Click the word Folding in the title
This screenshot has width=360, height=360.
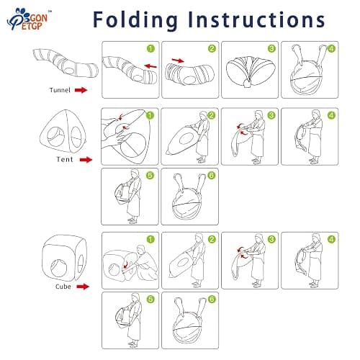click(135, 20)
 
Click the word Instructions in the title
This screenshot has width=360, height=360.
click(256, 19)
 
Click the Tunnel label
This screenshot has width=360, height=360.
click(60, 90)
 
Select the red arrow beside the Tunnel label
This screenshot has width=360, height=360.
click(81, 90)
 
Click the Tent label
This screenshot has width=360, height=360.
click(65, 159)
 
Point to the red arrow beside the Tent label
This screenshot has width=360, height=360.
click(86, 160)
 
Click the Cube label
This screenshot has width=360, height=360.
click(63, 287)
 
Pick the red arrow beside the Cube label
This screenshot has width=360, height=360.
click(83, 287)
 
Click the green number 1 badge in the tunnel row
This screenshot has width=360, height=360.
click(150, 49)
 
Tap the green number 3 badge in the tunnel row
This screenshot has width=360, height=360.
click(271, 49)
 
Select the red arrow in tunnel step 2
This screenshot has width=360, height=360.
click(179, 60)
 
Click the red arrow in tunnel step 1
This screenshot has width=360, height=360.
click(150, 66)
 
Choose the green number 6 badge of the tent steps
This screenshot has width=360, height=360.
click(211, 176)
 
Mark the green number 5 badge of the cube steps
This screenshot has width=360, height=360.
click(150, 300)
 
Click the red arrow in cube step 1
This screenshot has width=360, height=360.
click(125, 266)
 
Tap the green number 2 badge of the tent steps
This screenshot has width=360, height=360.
click(211, 116)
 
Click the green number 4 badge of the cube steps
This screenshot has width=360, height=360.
click(331, 239)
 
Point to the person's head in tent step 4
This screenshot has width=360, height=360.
click(316, 114)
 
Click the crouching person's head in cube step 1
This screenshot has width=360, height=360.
click(140, 249)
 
